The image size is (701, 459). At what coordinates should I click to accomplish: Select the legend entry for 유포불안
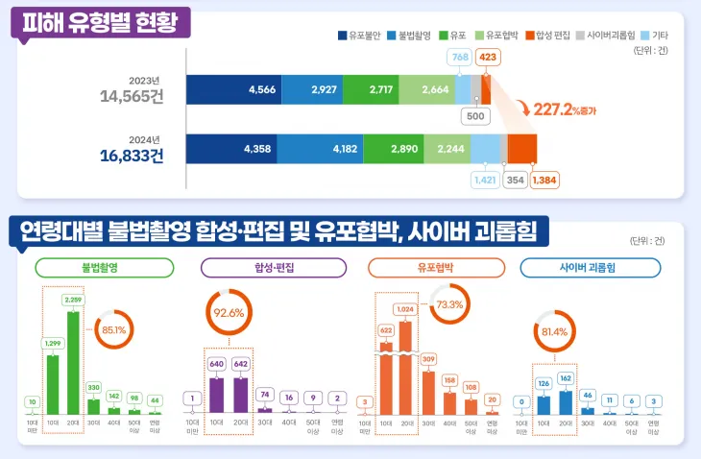[x=360, y=36]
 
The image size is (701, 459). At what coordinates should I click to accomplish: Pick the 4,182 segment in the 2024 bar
[x=329, y=150]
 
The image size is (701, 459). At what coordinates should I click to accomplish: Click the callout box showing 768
[x=459, y=58]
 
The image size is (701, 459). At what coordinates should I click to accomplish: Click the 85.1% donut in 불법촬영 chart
[x=112, y=329]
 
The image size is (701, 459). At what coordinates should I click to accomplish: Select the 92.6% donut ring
[x=228, y=312]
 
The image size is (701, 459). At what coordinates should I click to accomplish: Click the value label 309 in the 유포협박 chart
[x=428, y=359]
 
